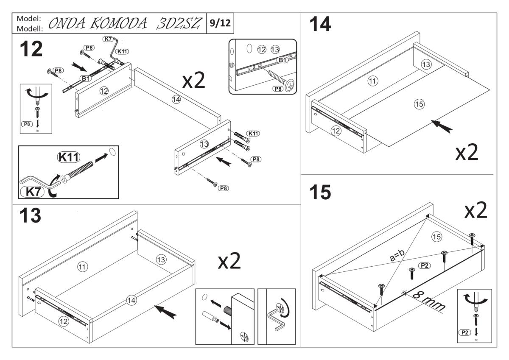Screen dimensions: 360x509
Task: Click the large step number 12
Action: (x=31, y=50)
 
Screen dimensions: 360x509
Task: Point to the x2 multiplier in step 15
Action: (x=473, y=210)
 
